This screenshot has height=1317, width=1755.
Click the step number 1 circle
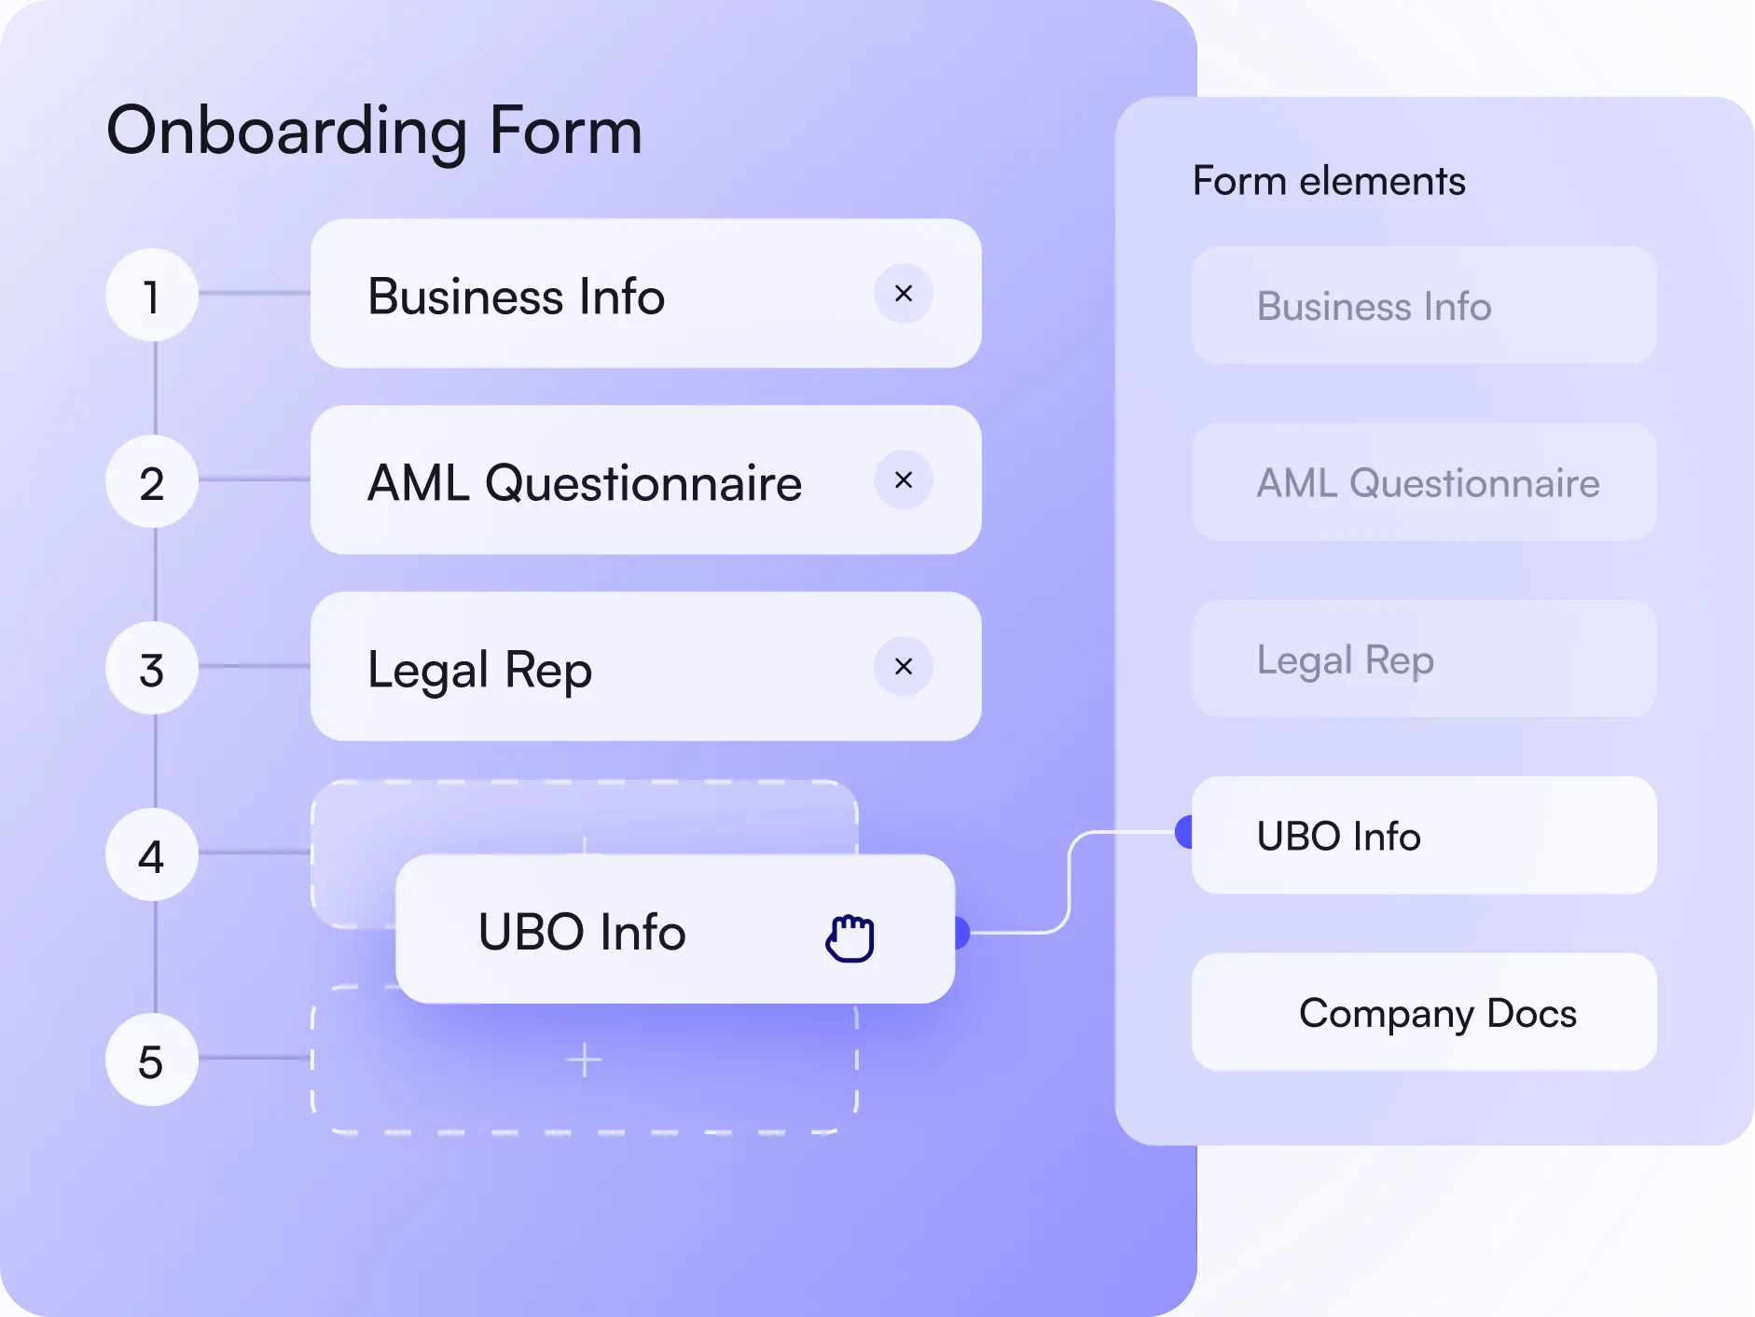pyautogui.click(x=151, y=296)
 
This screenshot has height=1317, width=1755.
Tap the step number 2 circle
pyautogui.click(x=151, y=482)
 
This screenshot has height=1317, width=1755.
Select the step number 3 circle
pyautogui.click(x=151, y=669)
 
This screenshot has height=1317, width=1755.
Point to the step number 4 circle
pyautogui.click(x=151, y=855)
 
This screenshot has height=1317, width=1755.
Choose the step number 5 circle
pyautogui.click(x=151, y=1061)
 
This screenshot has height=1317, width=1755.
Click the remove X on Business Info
pyautogui.click(x=903, y=294)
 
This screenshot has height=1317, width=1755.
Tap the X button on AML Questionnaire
pyautogui.click(x=903, y=480)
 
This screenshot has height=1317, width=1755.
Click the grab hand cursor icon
pyautogui.click(x=850, y=937)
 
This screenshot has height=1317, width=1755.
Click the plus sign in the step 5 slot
pyautogui.click(x=585, y=1061)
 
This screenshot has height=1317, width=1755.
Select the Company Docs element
pyautogui.click(x=1424, y=1012)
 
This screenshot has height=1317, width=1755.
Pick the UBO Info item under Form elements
pyautogui.click(x=1424, y=836)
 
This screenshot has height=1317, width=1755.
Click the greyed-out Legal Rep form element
pyautogui.click(x=1424, y=659)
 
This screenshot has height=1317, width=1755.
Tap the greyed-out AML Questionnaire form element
pyautogui.click(x=1424, y=482)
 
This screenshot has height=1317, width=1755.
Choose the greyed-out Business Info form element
pyautogui.click(x=1424, y=306)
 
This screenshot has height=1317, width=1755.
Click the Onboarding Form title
pyautogui.click(x=374, y=131)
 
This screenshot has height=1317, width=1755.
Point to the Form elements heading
pyautogui.click(x=1329, y=181)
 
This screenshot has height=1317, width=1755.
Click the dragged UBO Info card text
pyautogui.click(x=582, y=932)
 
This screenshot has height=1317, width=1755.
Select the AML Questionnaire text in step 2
pyautogui.click(x=585, y=482)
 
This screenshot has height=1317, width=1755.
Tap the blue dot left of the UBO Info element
pyautogui.click(x=1184, y=831)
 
